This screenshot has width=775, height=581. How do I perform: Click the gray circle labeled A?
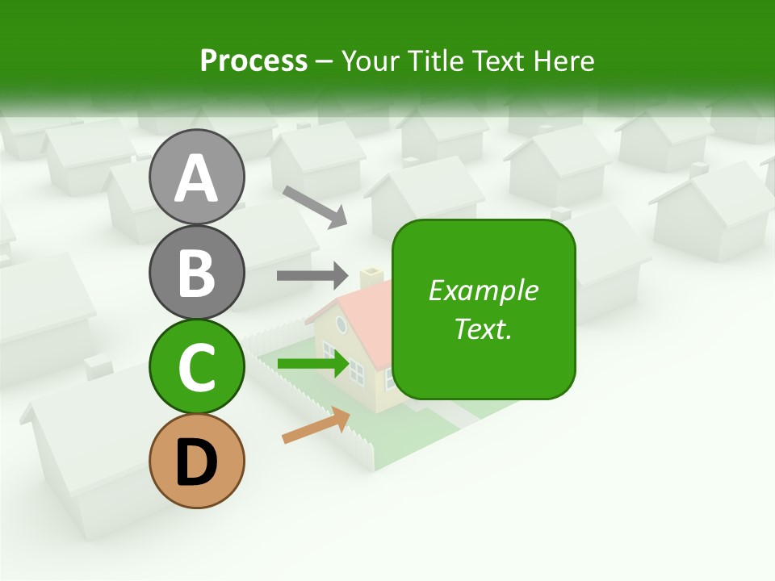coord(196,177)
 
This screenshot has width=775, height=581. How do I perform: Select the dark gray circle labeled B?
coord(196,272)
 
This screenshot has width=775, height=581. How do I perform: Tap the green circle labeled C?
coord(196,366)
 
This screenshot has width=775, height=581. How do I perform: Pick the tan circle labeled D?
coord(196,461)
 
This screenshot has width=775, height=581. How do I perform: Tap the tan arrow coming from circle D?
coord(316,425)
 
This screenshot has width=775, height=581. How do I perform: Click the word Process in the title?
coord(253,61)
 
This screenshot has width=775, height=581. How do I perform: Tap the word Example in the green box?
coord(483,290)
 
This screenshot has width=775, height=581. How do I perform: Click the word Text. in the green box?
coord(483,328)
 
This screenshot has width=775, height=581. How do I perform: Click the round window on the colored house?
coord(341,324)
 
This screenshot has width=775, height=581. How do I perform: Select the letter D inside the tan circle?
coord(196,462)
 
